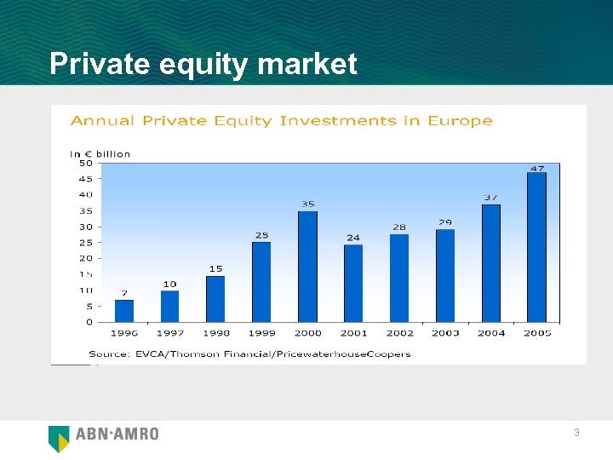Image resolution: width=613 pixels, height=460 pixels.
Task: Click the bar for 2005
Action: (x=536, y=247)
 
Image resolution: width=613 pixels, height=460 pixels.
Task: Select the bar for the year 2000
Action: (x=307, y=266)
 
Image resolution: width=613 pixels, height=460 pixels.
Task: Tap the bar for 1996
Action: (x=124, y=310)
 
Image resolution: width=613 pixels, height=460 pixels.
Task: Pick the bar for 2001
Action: (x=353, y=283)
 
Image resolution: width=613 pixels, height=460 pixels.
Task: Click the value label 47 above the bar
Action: (x=537, y=169)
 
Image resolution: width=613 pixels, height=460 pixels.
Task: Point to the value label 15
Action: (x=216, y=268)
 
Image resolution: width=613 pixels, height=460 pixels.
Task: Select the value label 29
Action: (x=445, y=222)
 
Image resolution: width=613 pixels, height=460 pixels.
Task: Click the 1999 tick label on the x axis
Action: (x=262, y=333)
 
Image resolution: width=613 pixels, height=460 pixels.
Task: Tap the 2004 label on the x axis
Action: (x=491, y=333)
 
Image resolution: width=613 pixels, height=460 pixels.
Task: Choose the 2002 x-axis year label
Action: (x=399, y=333)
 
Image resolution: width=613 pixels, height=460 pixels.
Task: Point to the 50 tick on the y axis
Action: (x=86, y=163)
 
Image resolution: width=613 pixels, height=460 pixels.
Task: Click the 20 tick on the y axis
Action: (x=86, y=258)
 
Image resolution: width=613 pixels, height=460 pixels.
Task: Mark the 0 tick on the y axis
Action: (x=89, y=322)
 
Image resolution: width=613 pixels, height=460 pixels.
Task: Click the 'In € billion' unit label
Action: (x=100, y=153)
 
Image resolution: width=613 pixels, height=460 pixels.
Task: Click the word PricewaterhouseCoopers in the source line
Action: (x=357, y=354)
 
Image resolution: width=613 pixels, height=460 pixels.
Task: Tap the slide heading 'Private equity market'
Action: (x=203, y=64)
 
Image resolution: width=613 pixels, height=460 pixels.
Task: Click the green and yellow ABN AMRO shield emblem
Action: (x=59, y=438)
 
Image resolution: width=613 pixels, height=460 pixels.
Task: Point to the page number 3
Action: (x=576, y=434)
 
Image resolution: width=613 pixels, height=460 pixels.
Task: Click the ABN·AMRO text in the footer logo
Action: (x=117, y=434)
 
